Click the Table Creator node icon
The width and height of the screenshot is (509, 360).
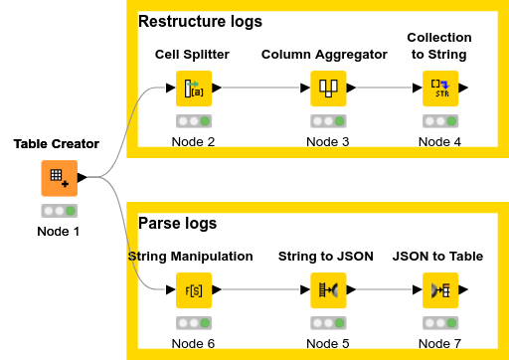click(x=58, y=178)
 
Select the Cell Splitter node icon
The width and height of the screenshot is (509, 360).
click(x=194, y=88)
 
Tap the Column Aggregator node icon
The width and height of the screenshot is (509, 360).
click(x=324, y=88)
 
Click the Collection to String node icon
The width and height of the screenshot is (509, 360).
click(x=440, y=88)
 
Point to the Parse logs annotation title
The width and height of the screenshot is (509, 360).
click(x=177, y=223)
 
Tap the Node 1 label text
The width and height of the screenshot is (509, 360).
click(x=58, y=232)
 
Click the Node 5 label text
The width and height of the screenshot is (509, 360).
click(x=324, y=343)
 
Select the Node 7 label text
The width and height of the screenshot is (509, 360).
click(x=440, y=343)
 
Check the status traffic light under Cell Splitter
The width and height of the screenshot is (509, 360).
click(x=194, y=121)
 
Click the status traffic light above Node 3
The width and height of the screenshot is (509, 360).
click(x=324, y=121)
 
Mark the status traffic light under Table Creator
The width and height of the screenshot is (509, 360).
click(x=58, y=212)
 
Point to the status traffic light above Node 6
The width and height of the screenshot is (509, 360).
click(x=194, y=323)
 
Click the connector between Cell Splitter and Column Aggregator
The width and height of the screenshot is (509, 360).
click(x=258, y=88)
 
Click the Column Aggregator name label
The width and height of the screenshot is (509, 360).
click(x=324, y=54)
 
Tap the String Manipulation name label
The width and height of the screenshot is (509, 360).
click(x=191, y=256)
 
